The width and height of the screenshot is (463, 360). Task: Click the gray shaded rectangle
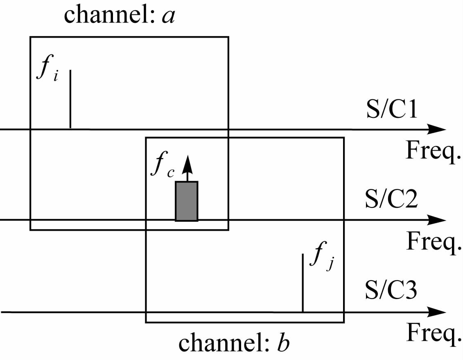click(187, 201)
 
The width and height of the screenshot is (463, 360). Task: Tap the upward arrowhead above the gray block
click(187, 164)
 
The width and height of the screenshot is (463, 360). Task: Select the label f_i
click(47, 67)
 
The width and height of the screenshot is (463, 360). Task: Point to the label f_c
click(163, 164)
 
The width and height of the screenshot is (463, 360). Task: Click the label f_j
click(322, 256)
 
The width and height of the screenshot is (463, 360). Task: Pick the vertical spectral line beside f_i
click(70, 99)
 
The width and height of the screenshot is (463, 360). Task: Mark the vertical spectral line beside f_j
click(303, 282)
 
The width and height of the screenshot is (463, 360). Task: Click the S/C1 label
click(392, 108)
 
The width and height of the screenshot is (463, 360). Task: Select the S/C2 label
click(391, 198)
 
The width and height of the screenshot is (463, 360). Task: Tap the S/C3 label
click(391, 290)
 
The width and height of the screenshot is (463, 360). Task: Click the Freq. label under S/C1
click(433, 151)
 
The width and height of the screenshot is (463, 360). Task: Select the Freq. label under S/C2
click(433, 242)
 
